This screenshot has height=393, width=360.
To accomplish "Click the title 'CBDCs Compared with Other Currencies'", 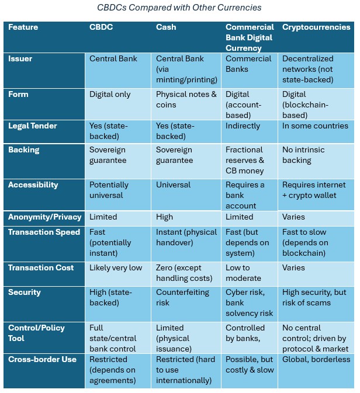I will [x=179, y=8].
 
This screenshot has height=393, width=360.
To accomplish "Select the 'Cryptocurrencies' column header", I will [x=316, y=27].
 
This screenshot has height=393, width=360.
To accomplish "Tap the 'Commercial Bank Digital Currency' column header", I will [x=250, y=37].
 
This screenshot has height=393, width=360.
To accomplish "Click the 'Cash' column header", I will [x=166, y=27].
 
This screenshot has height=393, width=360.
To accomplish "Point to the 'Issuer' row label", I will [x=21, y=59].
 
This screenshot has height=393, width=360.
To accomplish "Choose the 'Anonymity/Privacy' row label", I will [x=44, y=217].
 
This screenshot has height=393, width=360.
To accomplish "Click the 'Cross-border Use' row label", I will [x=42, y=360].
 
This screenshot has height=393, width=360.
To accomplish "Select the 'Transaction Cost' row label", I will [x=41, y=267].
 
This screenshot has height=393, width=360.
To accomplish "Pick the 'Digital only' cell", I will [x=110, y=95].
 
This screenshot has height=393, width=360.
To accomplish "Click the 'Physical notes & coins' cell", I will [x=186, y=100].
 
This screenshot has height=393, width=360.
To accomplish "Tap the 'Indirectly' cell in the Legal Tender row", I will [x=243, y=126].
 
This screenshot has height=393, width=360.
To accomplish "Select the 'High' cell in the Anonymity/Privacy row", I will [x=164, y=217].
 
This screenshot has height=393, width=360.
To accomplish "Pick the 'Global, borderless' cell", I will [x=316, y=360].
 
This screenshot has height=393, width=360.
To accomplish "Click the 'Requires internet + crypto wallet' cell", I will [x=314, y=190].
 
